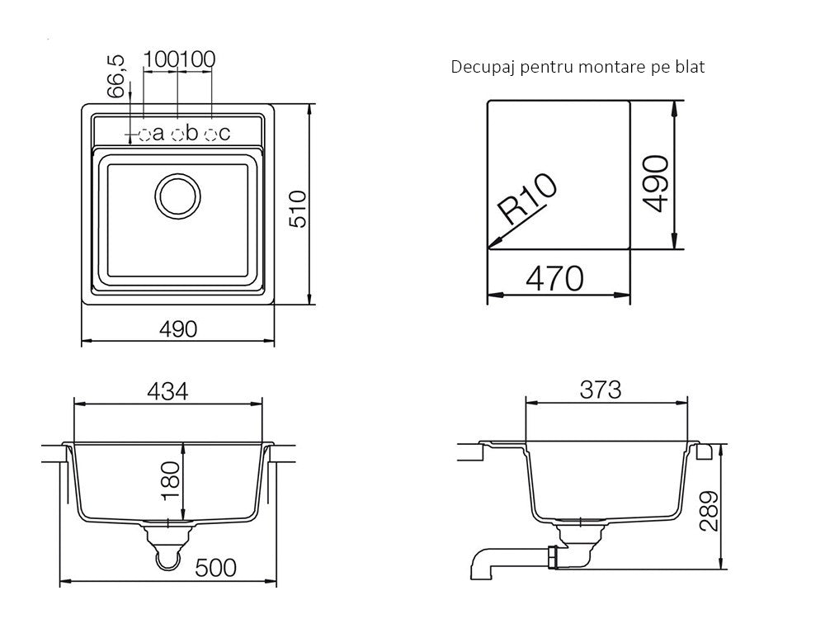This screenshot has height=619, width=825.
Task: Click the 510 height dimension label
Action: click(x=299, y=209)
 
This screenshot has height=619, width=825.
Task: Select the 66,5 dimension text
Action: click(x=116, y=76)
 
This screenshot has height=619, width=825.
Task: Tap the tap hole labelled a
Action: click(x=144, y=135)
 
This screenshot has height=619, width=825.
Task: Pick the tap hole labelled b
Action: click(x=178, y=135)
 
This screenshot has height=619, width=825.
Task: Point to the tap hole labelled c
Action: click(x=211, y=135)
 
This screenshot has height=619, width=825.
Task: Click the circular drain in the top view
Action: click(x=178, y=196)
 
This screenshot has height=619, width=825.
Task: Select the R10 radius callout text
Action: click(x=528, y=198)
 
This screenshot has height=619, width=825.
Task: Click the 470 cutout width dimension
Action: click(x=555, y=278)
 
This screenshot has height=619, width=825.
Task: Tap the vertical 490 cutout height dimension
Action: click(x=656, y=183)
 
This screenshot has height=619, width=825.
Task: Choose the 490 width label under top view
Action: click(x=178, y=329)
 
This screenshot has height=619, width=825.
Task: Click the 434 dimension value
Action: click(x=167, y=391)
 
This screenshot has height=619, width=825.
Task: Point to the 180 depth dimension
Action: click(x=171, y=481)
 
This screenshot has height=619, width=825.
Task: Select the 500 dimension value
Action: click(x=215, y=568)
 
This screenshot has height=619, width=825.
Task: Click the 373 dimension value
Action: click(x=601, y=390)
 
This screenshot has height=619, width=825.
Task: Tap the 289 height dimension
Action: click(x=709, y=511)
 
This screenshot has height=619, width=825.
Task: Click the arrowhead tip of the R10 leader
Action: click(x=488, y=248)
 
